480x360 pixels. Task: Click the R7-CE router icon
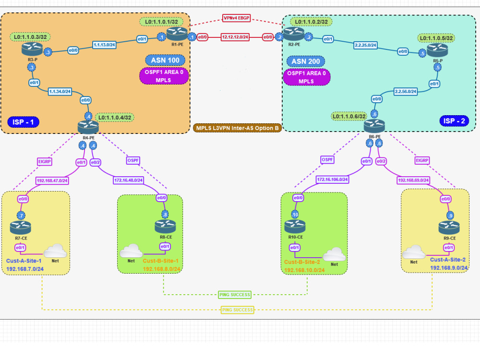point(21,226)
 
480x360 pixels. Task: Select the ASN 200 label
point(305,61)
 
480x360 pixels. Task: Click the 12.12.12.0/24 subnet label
point(235,36)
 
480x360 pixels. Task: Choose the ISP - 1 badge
point(23,122)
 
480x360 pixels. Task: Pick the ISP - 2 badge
point(454,120)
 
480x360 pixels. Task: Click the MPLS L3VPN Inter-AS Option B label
point(237,128)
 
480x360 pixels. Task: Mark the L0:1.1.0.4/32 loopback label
point(115,117)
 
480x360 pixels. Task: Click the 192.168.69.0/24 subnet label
point(414,180)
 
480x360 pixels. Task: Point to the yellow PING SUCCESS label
point(237,310)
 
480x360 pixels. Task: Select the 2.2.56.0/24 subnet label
point(406,91)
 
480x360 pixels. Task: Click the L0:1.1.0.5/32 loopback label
point(436,37)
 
